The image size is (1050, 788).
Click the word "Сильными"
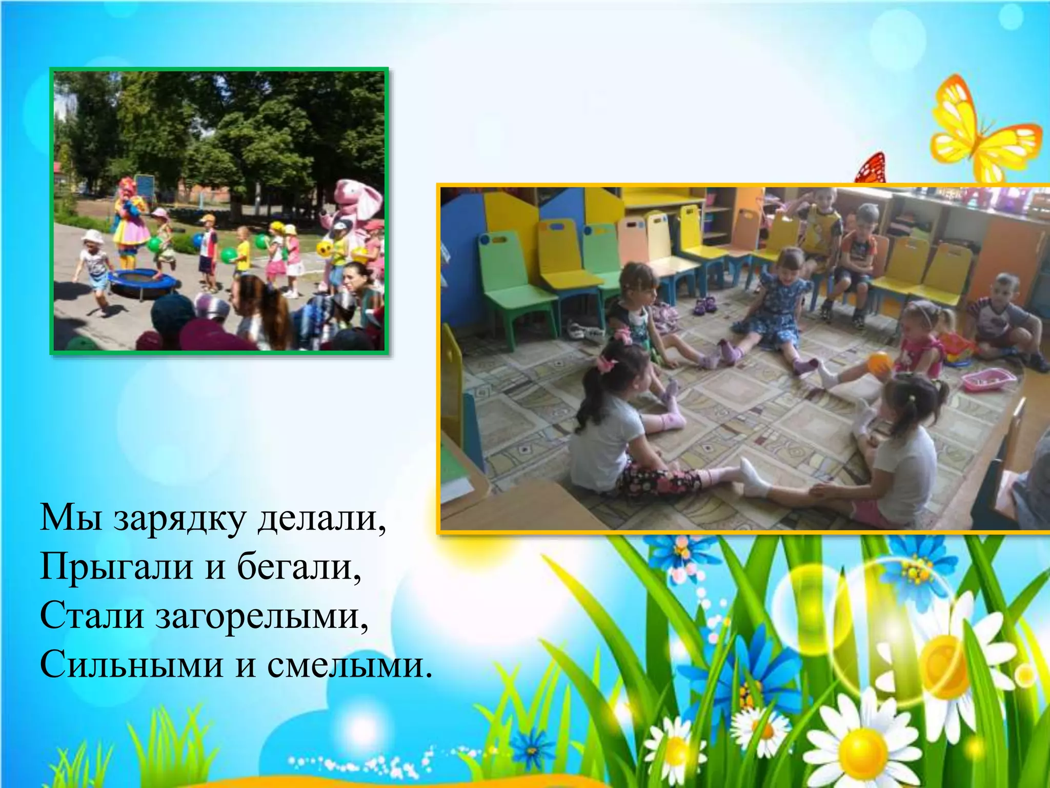click(131, 665)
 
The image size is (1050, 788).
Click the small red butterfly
click(872, 168)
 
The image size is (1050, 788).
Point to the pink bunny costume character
click(354, 205)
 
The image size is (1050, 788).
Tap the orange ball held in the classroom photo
click(879, 364)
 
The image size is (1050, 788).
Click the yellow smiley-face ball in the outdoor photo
click(324, 249)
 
